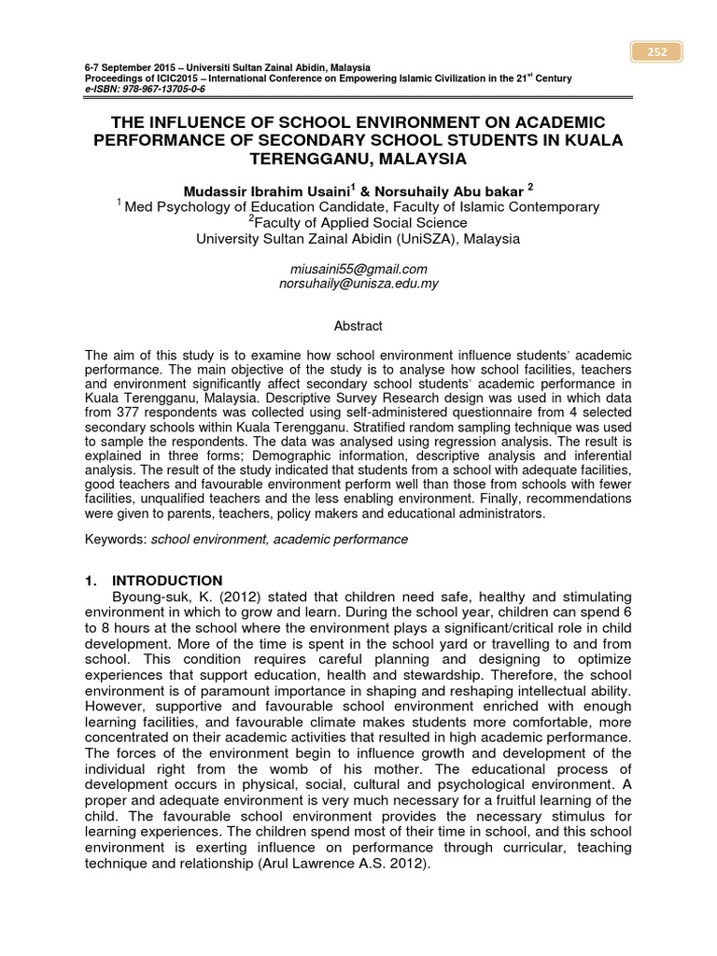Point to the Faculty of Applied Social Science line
tap(359, 222)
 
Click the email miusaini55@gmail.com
tap(358, 269)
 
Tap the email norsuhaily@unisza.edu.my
tap(358, 283)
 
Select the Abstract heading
tap(358, 326)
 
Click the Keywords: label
tap(116, 540)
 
